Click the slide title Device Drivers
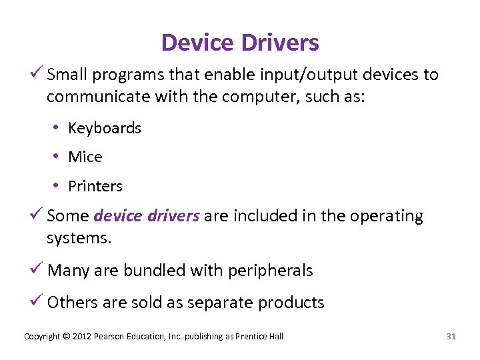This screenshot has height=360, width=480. coord(240,43)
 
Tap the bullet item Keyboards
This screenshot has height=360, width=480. coord(105,128)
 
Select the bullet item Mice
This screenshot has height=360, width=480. coord(85,157)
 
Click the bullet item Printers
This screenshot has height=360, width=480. coord(95,187)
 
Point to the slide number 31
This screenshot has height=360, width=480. coord(451,337)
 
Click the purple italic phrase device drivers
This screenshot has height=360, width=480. coord(147,216)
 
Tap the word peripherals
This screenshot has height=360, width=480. coord(270,271)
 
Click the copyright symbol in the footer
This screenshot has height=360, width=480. coord(67,337)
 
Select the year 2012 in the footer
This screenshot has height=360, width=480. coord(83,337)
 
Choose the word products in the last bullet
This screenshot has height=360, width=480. coord(291,303)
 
